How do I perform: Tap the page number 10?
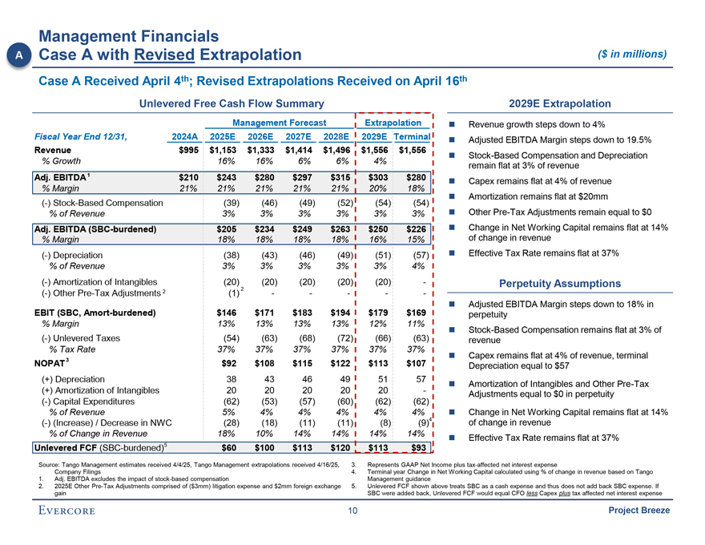(352, 511)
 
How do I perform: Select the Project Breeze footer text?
(639, 511)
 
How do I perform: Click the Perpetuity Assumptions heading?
(559, 284)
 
